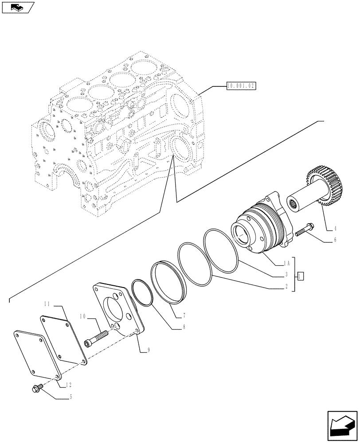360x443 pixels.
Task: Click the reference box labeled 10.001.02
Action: coord(242,86)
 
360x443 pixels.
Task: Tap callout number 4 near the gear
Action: coord(335,229)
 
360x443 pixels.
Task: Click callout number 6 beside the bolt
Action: coord(335,240)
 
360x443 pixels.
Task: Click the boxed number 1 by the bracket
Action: coord(301,276)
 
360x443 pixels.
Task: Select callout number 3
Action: coord(287,275)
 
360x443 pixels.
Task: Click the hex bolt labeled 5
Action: coord(35,389)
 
